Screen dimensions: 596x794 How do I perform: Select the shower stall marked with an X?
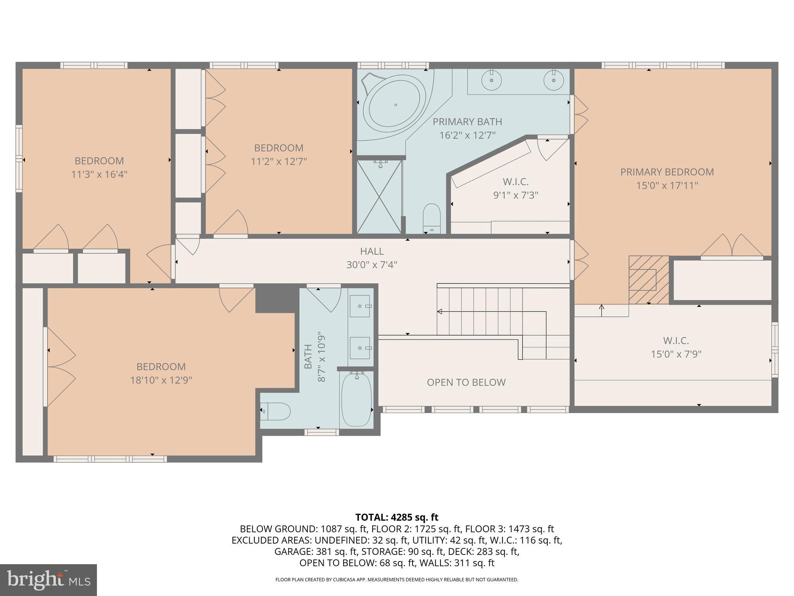(379, 197)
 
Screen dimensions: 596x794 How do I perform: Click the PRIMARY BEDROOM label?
(667, 172)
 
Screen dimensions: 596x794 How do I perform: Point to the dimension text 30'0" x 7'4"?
(372, 265)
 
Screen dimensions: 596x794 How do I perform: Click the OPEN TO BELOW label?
(466, 383)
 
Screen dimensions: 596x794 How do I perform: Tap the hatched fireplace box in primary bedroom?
(648, 279)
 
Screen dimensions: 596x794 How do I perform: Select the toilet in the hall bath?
(276, 411)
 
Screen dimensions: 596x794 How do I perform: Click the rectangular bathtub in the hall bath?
(356, 399)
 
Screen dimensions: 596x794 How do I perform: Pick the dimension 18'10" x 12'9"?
(161, 380)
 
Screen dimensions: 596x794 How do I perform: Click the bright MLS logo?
(48, 580)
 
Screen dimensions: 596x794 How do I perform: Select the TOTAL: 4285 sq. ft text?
(397, 517)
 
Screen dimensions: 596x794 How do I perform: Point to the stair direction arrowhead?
(440, 311)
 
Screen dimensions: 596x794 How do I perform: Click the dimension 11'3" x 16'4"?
(99, 174)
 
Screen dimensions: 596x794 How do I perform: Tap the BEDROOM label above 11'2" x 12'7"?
(278, 148)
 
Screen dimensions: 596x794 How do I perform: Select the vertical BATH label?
(308, 356)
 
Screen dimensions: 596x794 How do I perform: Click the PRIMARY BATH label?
(467, 122)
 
